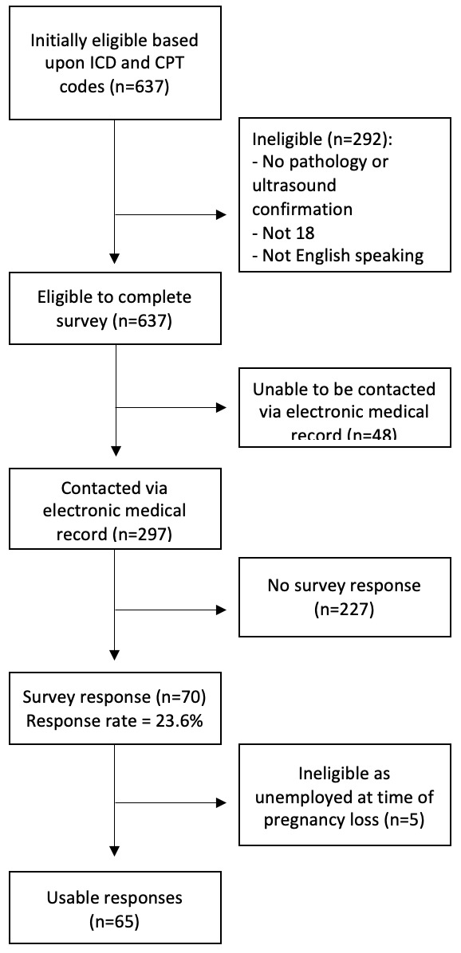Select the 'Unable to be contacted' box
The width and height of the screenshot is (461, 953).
click(344, 411)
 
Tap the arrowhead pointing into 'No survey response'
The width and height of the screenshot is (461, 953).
click(222, 610)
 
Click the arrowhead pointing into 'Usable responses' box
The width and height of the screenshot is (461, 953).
click(116, 859)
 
